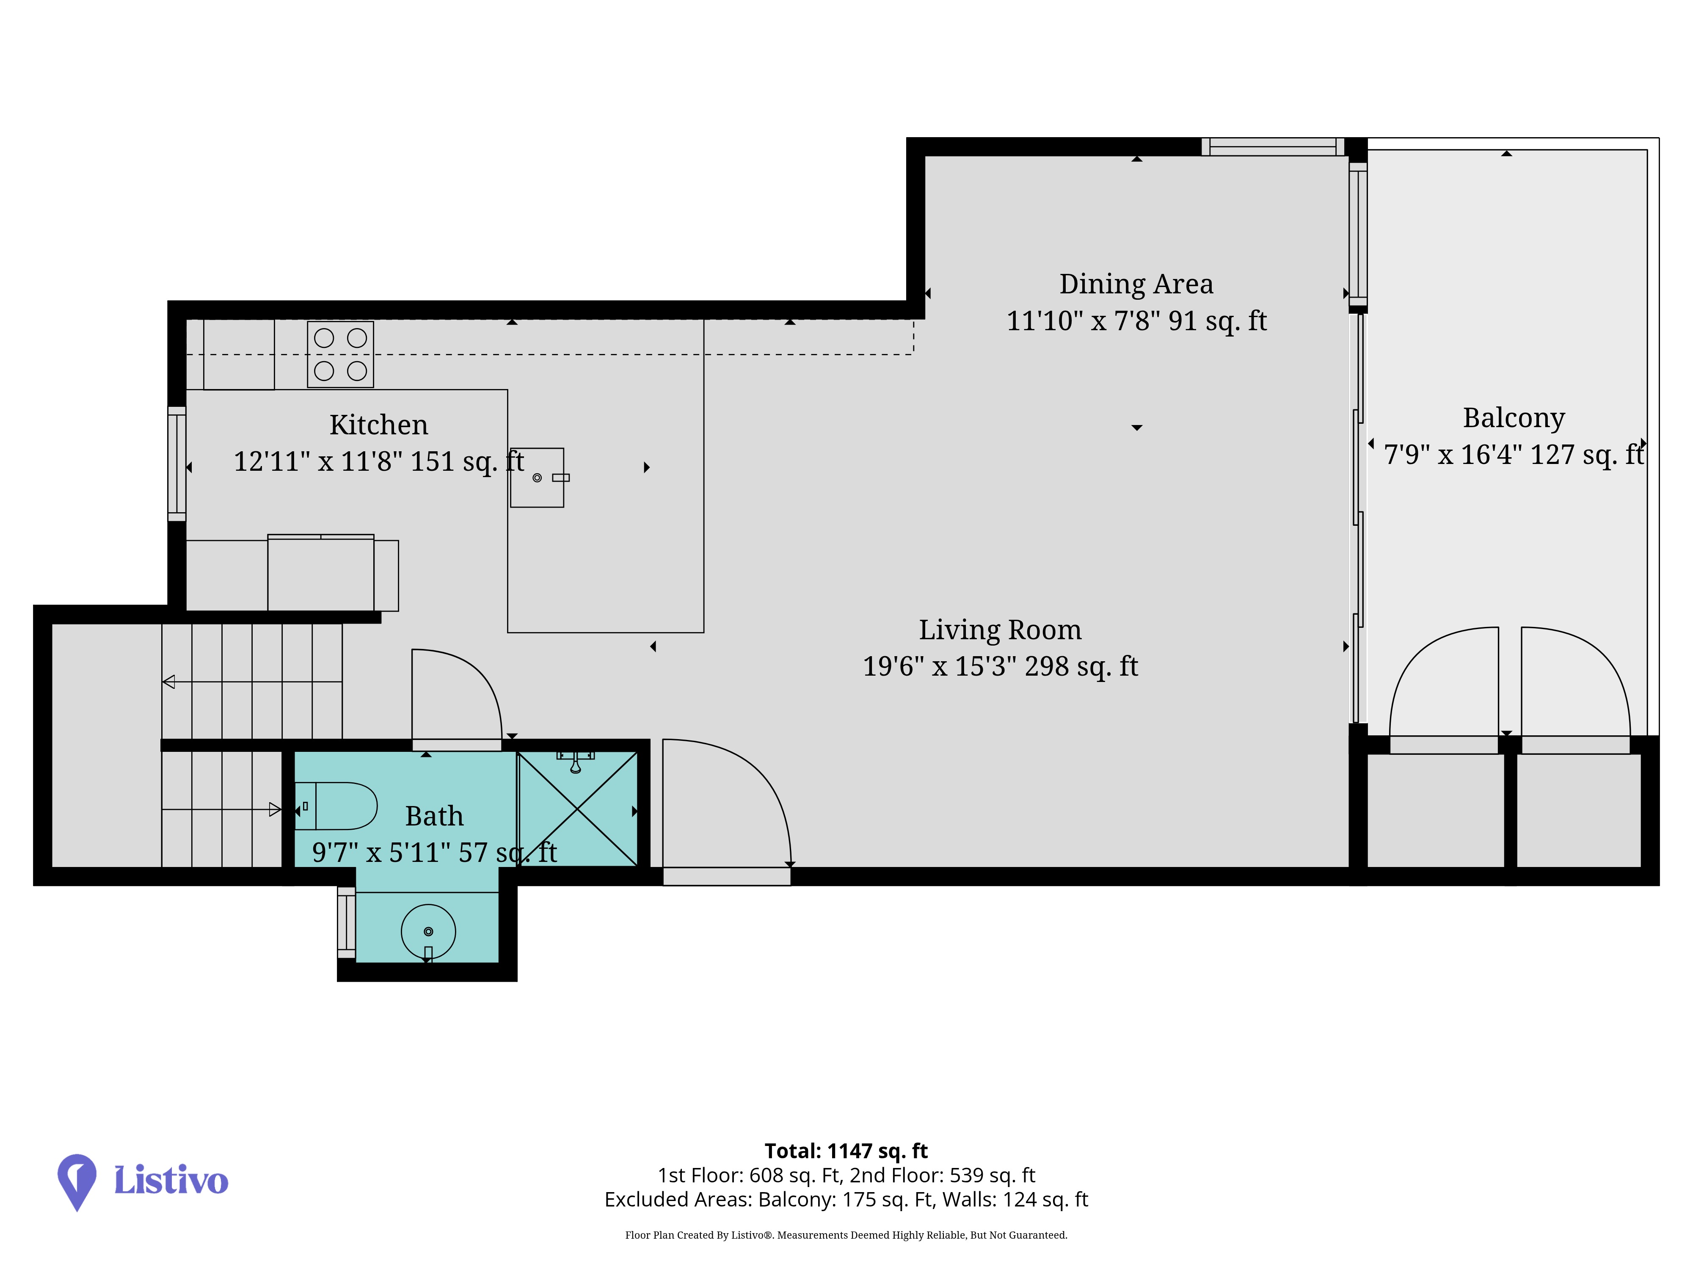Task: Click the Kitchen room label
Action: click(x=379, y=425)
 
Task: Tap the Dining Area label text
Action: click(x=1136, y=284)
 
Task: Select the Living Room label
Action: click(x=1000, y=630)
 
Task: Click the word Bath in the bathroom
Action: click(x=434, y=816)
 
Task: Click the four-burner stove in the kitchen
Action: click(x=341, y=354)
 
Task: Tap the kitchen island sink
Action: click(x=537, y=478)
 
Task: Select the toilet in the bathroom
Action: click(x=337, y=806)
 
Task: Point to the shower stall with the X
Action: click(x=578, y=809)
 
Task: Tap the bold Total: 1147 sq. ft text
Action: click(x=846, y=1151)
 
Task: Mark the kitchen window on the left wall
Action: click(x=177, y=464)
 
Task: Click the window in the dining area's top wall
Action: click(x=1273, y=147)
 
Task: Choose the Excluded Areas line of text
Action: click(x=846, y=1200)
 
